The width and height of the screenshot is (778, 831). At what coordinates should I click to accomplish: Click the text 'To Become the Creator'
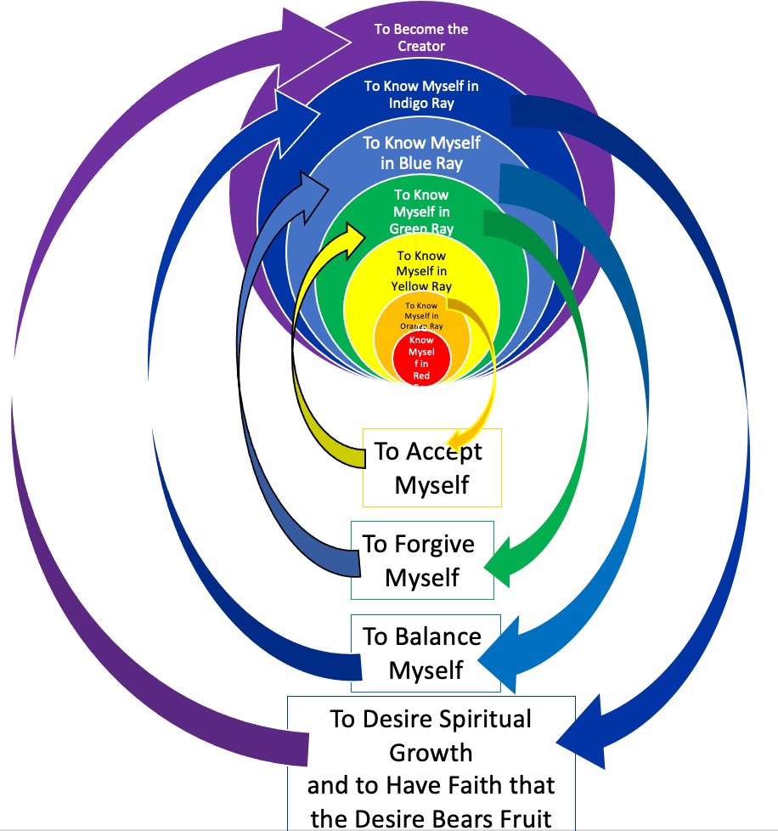(421, 37)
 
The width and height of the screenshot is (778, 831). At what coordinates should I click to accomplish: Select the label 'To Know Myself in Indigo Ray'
(421, 94)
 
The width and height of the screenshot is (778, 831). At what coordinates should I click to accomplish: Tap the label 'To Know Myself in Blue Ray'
(421, 152)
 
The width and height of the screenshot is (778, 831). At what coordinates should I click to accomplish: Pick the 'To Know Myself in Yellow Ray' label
(421, 271)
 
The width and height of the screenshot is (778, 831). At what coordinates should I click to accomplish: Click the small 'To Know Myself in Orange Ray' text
(421, 315)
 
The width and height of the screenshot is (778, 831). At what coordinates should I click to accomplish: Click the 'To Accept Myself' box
(431, 467)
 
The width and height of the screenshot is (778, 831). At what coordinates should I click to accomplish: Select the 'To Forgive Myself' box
(422, 560)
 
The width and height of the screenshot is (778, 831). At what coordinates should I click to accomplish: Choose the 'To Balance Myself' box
(425, 653)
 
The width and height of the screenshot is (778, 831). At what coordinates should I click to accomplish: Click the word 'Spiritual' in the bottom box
(486, 719)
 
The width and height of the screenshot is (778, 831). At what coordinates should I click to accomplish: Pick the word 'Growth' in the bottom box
(431, 752)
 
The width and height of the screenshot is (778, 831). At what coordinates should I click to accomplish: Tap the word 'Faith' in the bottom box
(470, 785)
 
